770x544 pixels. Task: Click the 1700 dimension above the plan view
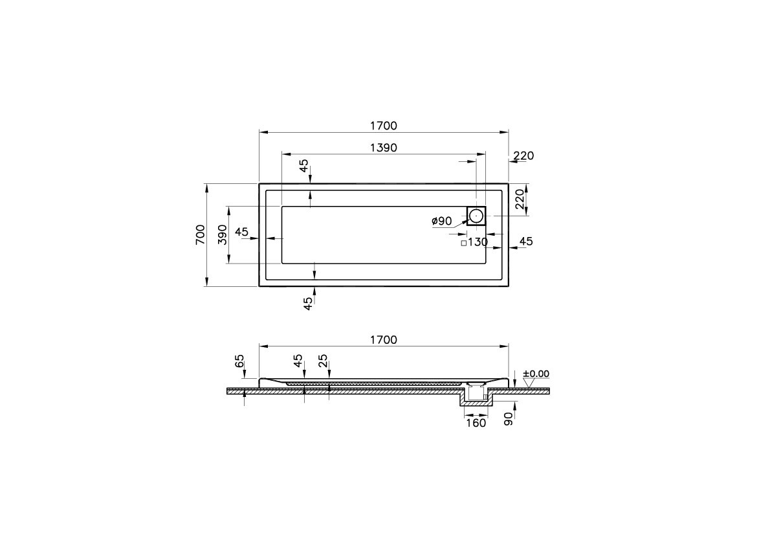click(383, 126)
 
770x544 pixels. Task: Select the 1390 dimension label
click(383, 148)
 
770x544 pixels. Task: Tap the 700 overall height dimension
click(200, 234)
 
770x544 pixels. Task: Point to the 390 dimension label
click(221, 234)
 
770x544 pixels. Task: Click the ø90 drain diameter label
click(441, 221)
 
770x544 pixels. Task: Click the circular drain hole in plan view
click(476, 216)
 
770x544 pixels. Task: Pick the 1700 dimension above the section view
click(383, 340)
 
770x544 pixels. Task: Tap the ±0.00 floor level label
click(536, 374)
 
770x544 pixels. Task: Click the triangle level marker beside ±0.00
click(529, 383)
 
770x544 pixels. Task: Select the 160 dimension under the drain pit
click(476, 424)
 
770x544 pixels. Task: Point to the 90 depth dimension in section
click(509, 419)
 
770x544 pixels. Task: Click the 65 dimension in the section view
click(239, 361)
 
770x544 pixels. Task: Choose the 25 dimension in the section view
click(323, 361)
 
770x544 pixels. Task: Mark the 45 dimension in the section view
click(298, 361)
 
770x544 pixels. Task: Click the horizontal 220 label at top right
click(523, 155)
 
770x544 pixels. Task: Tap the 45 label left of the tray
click(242, 232)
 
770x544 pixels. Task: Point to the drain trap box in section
click(476, 391)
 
